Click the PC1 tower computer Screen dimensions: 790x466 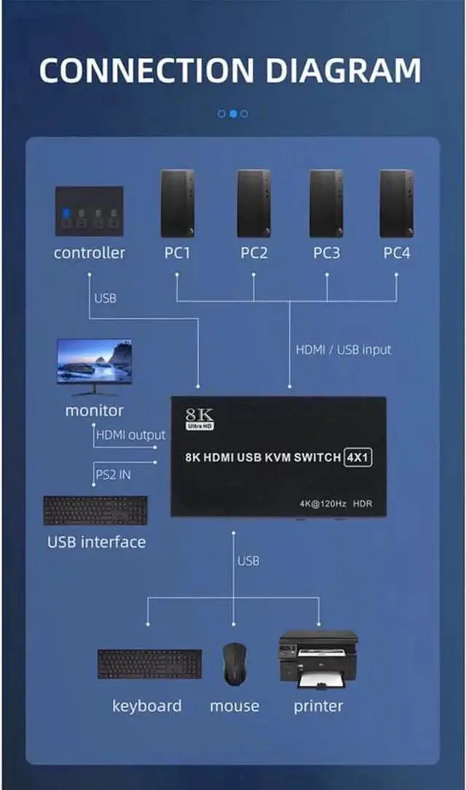coord(178,204)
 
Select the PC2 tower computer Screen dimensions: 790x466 coord(253,204)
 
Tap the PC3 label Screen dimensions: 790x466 coord(326,253)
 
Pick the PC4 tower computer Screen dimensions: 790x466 coord(396,204)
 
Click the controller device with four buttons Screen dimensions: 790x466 coord(89,211)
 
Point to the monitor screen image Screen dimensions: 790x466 coord(95,362)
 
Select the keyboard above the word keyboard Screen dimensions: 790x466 coord(150,664)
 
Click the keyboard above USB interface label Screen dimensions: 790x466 coord(95,511)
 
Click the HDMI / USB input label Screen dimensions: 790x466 coord(343,350)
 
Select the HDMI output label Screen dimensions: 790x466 coord(130,435)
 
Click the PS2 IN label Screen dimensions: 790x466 coord(114,474)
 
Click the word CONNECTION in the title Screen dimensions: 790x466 coord(146,71)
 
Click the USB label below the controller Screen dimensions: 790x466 coord(105,298)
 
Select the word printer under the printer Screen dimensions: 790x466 coord(318,706)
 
